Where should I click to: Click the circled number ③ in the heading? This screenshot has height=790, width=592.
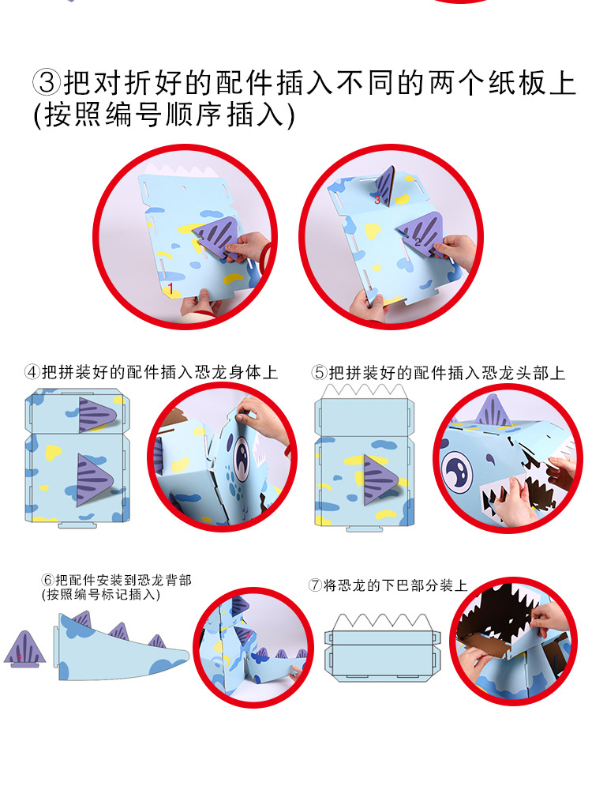[x=46, y=82]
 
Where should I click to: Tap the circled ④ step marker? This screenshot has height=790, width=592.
[x=32, y=371]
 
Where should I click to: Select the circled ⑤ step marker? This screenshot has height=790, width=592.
[x=319, y=372]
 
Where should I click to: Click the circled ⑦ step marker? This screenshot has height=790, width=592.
[x=315, y=585]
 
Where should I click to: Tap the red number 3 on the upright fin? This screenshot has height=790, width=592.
[x=377, y=201]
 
